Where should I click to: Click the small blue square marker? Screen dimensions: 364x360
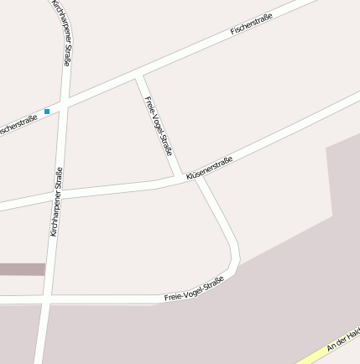click(47, 111)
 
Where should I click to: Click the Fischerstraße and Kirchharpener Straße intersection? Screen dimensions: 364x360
click(63, 106)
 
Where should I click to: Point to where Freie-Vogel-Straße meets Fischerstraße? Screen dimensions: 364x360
click(138, 78)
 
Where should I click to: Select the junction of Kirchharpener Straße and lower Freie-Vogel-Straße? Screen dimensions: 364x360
click(48, 298)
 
